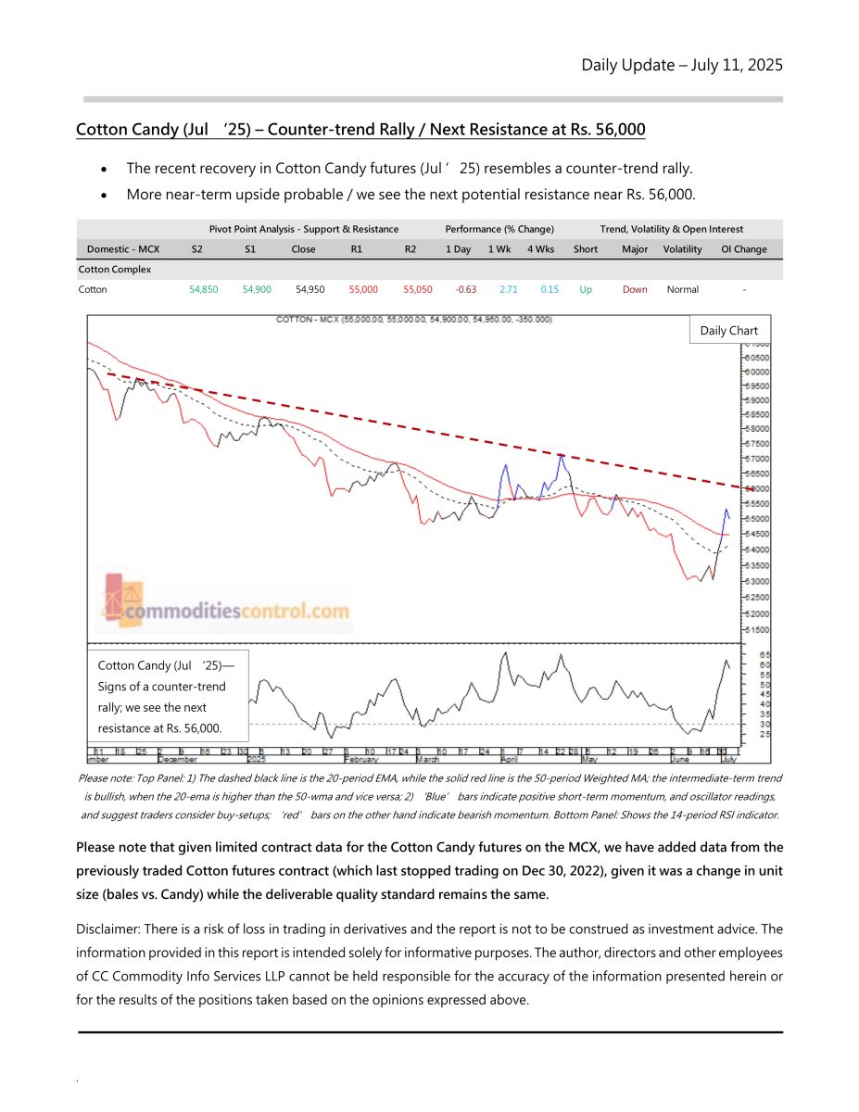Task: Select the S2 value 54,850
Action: click(204, 289)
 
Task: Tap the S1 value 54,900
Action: click(257, 289)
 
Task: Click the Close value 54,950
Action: click(309, 289)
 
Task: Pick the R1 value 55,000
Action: click(363, 289)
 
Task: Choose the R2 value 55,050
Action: click(417, 289)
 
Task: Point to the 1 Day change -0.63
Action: click(465, 289)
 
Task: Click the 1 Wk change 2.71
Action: click(508, 289)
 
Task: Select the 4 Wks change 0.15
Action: click(550, 289)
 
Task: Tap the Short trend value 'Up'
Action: click(586, 289)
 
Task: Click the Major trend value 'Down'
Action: click(635, 289)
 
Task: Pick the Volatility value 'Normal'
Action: click(682, 289)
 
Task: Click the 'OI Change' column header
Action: click(744, 249)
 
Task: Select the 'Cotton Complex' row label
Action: click(114, 270)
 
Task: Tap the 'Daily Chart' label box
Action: click(728, 331)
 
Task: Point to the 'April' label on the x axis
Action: click(509, 758)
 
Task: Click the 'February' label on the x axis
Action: click(361, 758)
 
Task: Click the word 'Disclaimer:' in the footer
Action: click(109, 929)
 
